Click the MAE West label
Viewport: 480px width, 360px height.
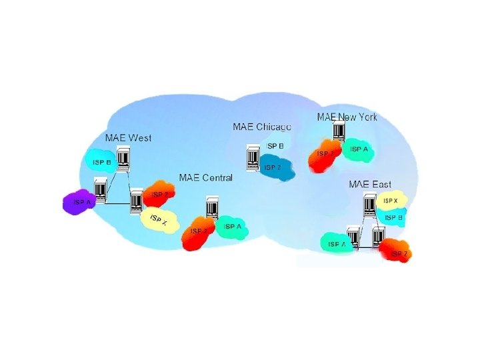point(129,138)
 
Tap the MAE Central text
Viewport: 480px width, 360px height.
point(206,177)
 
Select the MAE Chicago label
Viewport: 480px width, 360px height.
point(261,127)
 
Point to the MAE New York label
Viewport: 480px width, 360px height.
point(347,117)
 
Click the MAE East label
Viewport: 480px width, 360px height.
point(371,184)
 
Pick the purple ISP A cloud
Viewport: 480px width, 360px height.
point(81,203)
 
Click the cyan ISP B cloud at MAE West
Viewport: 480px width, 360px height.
point(101,161)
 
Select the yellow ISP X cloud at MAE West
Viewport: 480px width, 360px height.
point(159,221)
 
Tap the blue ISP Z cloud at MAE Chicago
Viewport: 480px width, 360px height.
point(275,169)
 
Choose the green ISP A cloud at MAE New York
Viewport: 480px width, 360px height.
point(359,150)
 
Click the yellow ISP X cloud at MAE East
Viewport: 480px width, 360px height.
point(390,200)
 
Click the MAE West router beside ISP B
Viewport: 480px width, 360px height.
point(123,157)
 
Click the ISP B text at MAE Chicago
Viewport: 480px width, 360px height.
point(275,145)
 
